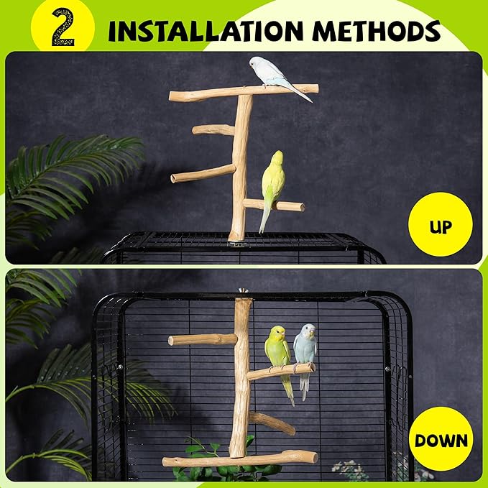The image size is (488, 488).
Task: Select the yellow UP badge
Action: [440, 227]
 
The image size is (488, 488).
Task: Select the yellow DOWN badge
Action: [440, 439]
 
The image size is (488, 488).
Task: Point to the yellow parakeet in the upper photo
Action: [272, 183]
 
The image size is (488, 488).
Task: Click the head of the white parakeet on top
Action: [255, 63]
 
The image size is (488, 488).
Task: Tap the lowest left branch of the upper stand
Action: [201, 174]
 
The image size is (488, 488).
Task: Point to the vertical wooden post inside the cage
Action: [241, 381]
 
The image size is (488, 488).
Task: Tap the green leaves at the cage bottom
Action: [216, 471]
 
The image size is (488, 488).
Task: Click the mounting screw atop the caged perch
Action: [242, 293]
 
